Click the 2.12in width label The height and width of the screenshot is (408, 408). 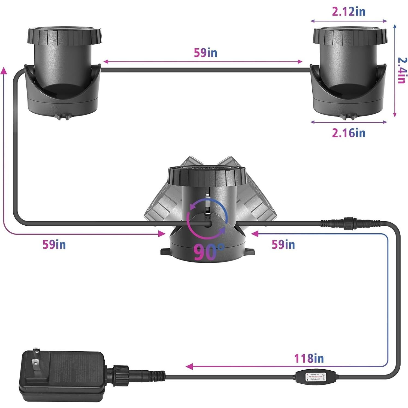348,11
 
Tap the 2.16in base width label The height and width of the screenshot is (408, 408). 348,133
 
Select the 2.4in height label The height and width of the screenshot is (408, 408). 402,70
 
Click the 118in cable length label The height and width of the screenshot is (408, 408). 309,358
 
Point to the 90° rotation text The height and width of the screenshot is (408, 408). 209,252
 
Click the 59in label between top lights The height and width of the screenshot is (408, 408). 205,53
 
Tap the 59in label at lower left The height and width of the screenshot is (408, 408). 54,244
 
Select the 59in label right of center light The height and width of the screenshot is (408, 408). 283,244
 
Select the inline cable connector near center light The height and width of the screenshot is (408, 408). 350,223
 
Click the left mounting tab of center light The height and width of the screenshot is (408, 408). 165,251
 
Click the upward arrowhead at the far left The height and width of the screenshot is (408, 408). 4,70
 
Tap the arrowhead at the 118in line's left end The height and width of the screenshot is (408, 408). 189,366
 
